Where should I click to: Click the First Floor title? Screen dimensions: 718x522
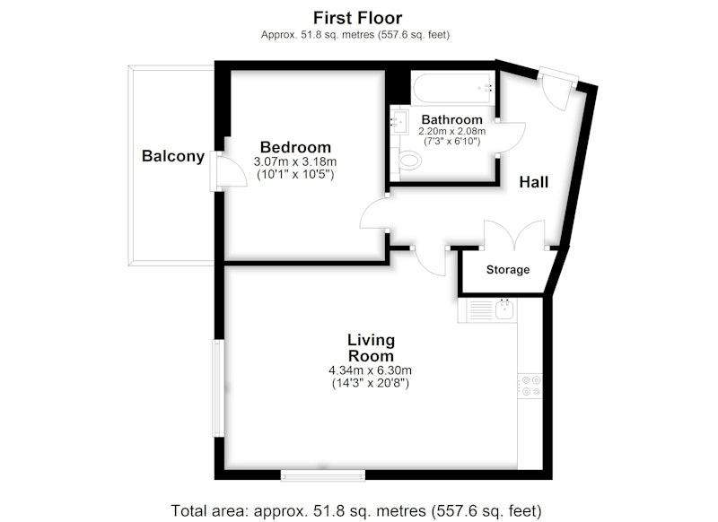coord(357,18)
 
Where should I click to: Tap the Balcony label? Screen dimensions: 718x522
coord(173,156)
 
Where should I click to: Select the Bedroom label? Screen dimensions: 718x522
coord(295,147)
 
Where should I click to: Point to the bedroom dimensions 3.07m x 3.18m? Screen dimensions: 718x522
coord(295,161)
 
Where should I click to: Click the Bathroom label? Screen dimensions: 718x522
coord(452,119)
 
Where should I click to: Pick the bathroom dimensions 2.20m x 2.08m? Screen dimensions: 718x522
coord(452,131)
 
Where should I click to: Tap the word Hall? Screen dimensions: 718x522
coord(533,182)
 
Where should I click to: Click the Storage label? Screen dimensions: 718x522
coord(508,269)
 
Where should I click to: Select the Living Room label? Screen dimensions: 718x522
coord(371,348)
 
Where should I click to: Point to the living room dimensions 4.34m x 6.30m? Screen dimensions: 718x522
coord(370,370)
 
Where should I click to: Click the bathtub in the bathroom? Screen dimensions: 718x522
coord(453,87)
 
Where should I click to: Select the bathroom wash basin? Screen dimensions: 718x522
coord(398,120)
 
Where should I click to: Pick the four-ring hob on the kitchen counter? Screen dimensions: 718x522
coord(530,386)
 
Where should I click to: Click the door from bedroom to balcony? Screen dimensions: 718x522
coord(228,170)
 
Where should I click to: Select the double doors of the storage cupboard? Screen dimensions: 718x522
coord(514,235)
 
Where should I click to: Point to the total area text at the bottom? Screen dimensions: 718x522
coord(355,510)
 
